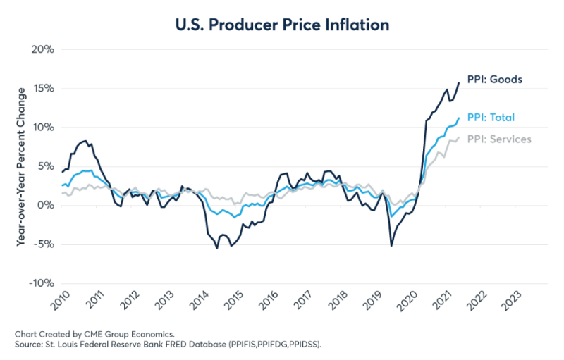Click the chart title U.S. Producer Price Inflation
[281, 25]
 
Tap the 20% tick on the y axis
[42, 49]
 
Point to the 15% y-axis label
[42, 89]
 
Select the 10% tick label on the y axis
[42, 128]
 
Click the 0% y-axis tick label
[45, 206]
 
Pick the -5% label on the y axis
[43, 244]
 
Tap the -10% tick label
[41, 283]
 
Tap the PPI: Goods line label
[494, 80]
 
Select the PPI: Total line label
[492, 118]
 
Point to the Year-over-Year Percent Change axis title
[23, 166]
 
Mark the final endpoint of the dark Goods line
[460, 82]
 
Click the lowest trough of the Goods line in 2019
[391, 245]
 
